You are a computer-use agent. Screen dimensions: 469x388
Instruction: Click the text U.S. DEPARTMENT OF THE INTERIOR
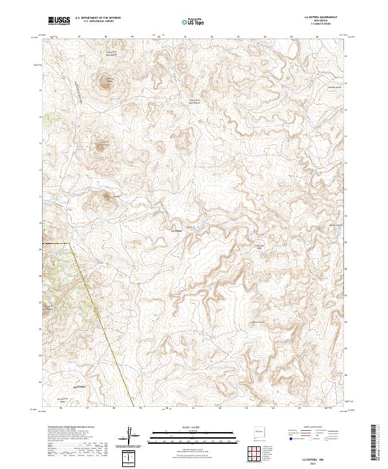click(x=97, y=18)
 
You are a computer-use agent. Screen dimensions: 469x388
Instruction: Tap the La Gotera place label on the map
click(x=175, y=230)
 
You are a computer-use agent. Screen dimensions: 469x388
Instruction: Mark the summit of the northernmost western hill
click(x=105, y=82)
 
